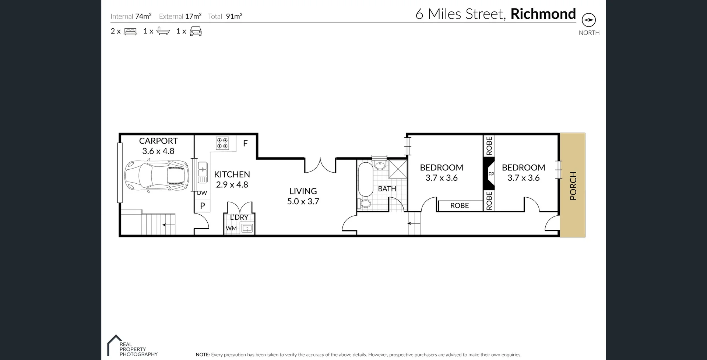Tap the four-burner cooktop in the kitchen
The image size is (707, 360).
(222, 143)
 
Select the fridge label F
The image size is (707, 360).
(245, 144)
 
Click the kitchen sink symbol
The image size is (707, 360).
(203, 172)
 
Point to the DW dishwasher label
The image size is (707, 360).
(202, 193)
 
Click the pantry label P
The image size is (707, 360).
(202, 206)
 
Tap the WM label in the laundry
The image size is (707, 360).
(231, 228)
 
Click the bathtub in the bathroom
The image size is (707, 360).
(365, 180)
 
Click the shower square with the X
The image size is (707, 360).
(398, 169)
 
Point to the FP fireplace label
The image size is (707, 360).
(491, 174)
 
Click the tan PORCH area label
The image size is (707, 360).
(573, 185)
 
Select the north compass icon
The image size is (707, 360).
(588, 20)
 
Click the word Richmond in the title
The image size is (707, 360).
(543, 14)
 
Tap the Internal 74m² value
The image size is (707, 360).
(143, 16)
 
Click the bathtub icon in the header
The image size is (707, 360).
(163, 31)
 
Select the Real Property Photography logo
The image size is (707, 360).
(133, 347)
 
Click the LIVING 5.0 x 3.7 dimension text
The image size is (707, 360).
(303, 201)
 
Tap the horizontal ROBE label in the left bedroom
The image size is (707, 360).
(460, 206)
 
